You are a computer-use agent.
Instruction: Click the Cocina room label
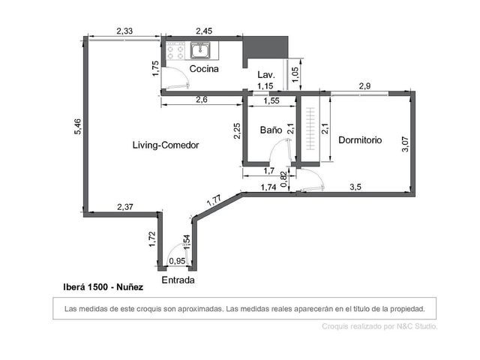point(204,68)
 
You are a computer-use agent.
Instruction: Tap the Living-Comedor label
point(166,145)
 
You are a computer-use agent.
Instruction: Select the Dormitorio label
point(360,140)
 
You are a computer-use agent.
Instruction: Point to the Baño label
point(271,130)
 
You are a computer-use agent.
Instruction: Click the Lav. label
point(266,75)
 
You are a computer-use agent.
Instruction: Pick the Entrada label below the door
point(178,280)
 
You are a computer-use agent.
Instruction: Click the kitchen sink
point(200,50)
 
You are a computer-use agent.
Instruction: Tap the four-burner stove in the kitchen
point(175,50)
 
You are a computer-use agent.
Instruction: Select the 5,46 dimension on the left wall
point(78,127)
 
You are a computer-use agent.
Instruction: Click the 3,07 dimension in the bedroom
point(405,144)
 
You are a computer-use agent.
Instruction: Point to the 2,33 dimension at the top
point(124,31)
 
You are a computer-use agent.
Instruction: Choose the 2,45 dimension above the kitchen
point(204,31)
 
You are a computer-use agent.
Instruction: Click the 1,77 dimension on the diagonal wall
point(214,200)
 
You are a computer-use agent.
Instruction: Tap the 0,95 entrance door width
point(177,261)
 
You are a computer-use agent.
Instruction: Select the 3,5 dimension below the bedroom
point(355,187)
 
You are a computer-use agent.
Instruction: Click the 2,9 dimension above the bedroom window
point(364,86)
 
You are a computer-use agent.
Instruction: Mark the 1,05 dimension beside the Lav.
point(295,74)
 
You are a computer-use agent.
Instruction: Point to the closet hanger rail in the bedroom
point(310,128)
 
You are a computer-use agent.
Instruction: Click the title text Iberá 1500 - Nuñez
point(103,287)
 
